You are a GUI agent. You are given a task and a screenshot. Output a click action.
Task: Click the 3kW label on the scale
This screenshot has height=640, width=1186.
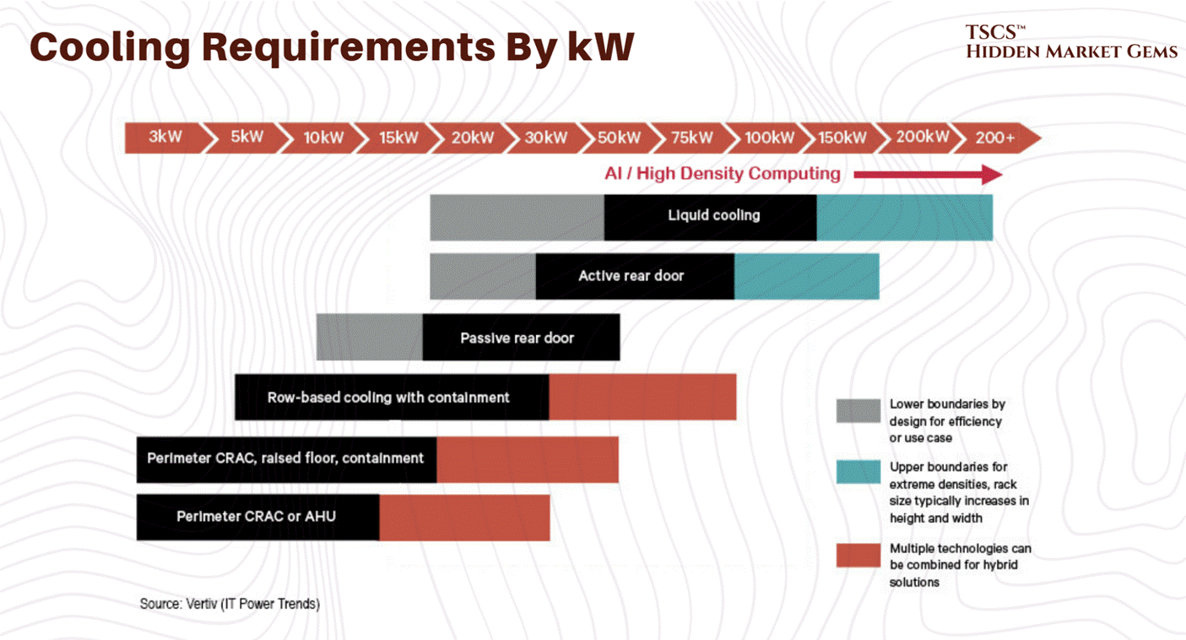tap(165, 137)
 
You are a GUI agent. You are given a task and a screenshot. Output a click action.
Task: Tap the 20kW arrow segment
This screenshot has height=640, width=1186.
tap(472, 137)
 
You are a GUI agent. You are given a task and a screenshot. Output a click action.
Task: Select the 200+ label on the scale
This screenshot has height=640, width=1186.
tap(995, 137)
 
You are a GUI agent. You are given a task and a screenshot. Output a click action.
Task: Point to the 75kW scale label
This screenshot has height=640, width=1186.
tap(692, 137)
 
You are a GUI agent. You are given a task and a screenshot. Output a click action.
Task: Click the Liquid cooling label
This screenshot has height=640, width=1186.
tap(713, 215)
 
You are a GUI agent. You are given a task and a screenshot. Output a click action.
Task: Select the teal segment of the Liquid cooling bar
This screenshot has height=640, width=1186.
tap(904, 217)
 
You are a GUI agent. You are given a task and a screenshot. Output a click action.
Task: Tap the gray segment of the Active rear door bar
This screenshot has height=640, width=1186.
tap(482, 276)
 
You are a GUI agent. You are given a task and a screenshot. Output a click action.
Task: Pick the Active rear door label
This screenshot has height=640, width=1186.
tap(631, 276)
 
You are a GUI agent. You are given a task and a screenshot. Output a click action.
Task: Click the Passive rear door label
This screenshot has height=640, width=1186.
tap(517, 338)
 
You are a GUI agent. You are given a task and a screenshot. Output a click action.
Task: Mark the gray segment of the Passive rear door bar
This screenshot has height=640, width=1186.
tap(369, 337)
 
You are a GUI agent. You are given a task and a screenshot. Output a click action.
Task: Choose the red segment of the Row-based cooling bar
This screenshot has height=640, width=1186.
tap(642, 397)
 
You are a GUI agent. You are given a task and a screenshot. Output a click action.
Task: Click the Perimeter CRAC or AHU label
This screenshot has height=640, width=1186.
tap(256, 516)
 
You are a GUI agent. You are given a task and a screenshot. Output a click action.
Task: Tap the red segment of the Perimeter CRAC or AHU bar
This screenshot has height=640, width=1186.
tap(464, 518)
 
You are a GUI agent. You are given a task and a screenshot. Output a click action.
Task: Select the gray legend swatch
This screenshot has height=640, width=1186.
tap(858, 410)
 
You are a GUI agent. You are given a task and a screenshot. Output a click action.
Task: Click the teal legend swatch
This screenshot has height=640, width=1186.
tap(858, 472)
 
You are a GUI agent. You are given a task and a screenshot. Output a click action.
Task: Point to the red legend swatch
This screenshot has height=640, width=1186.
tap(858, 555)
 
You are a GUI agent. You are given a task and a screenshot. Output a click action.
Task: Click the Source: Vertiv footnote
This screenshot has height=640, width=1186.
tap(230, 604)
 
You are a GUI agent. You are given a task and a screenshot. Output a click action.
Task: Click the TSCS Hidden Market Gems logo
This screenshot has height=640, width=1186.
tap(1070, 42)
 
